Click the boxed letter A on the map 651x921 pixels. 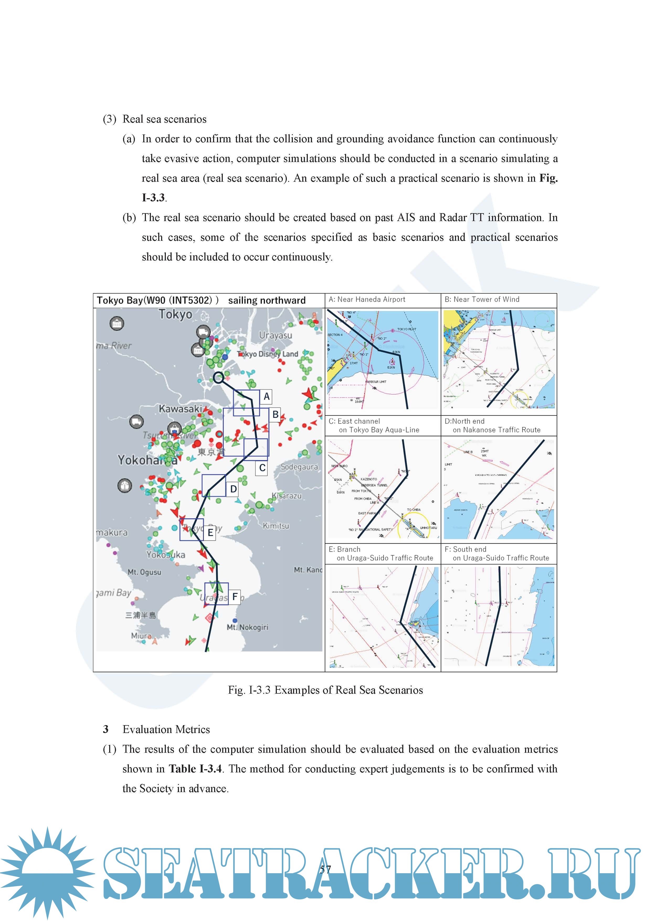(x=266, y=397)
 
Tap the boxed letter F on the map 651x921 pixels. (x=235, y=597)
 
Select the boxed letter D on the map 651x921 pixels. (x=233, y=489)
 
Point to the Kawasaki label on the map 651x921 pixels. (x=180, y=409)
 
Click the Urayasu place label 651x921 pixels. (x=276, y=335)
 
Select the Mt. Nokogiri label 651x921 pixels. (x=247, y=627)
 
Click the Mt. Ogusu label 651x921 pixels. (x=144, y=572)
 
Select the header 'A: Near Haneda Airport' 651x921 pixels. (x=367, y=299)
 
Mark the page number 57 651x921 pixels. (x=325, y=870)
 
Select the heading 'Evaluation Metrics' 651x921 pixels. (x=166, y=729)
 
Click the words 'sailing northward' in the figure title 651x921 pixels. (x=267, y=300)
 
